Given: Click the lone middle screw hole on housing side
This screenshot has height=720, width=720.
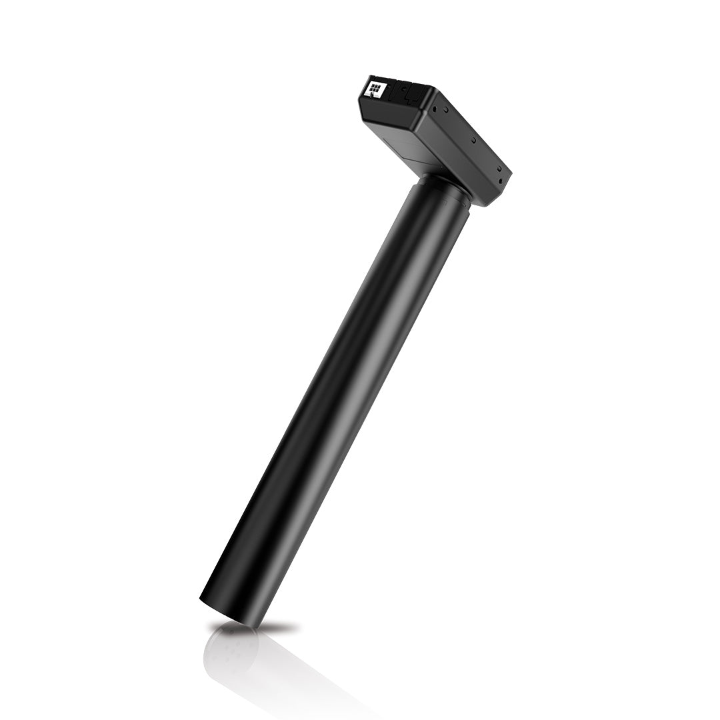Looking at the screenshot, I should [x=473, y=140].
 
